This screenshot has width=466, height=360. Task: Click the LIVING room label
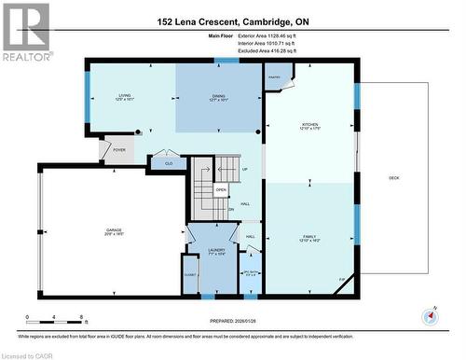point(123,94)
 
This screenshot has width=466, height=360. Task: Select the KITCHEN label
point(308,125)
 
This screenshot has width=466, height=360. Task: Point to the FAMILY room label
point(308,237)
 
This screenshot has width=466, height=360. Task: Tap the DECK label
point(393,177)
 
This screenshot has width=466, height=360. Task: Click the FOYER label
point(119,149)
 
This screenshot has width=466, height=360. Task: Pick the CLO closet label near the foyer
point(168,163)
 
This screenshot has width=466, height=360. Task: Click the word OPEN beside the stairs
point(221,189)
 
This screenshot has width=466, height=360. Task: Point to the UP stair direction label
point(244,169)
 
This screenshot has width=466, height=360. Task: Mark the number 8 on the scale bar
point(84,318)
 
